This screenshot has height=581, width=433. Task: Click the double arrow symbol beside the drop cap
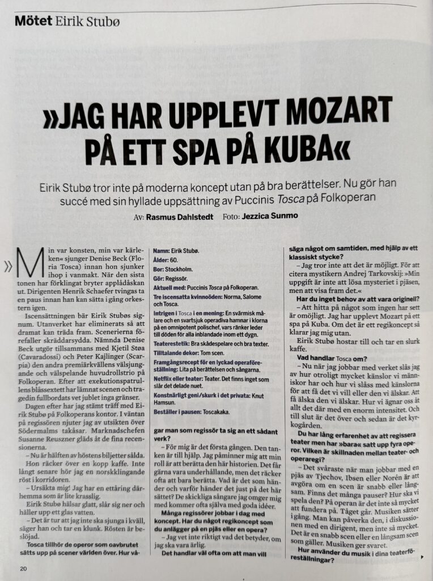point(9,265)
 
